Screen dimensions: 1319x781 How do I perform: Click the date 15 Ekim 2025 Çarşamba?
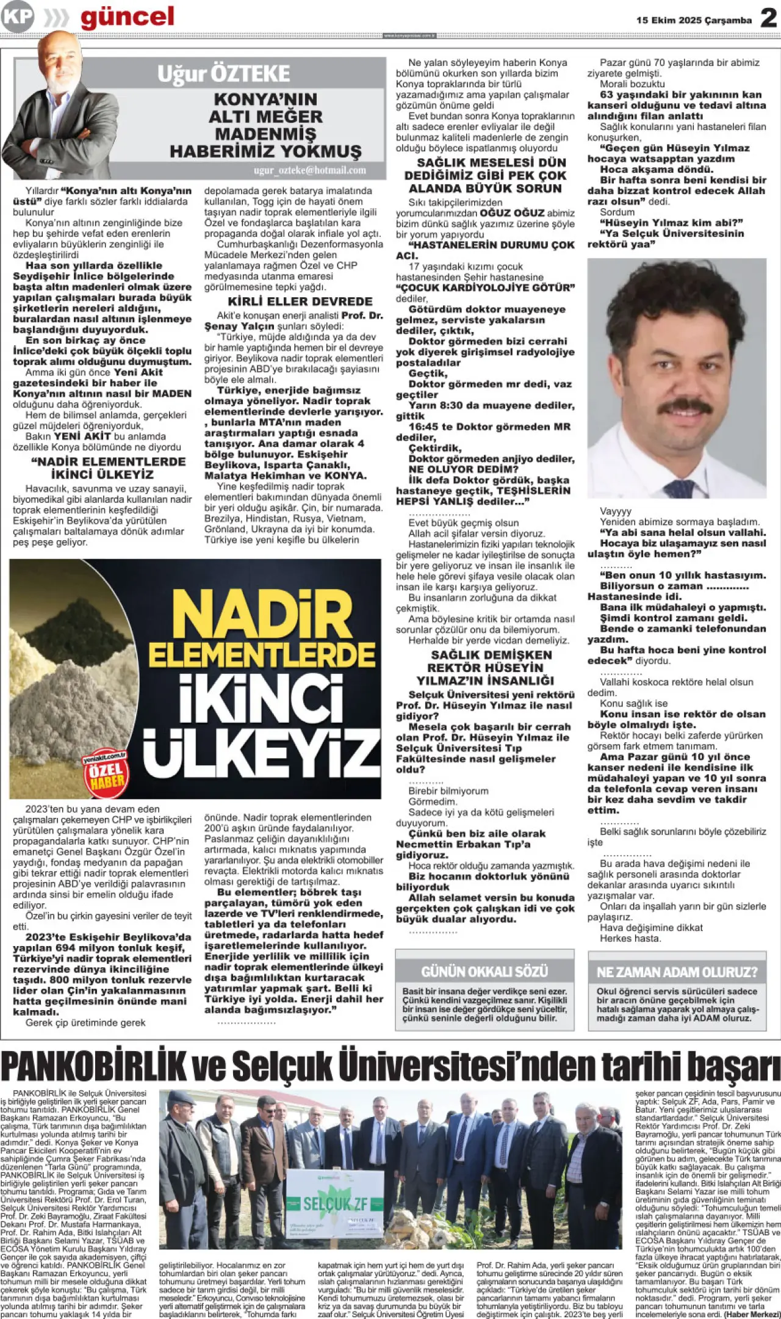pyautogui.click(x=694, y=20)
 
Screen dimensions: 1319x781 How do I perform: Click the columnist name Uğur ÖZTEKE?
pyautogui.click(x=223, y=74)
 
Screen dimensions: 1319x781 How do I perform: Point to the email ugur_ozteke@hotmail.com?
pyautogui.click(x=310, y=170)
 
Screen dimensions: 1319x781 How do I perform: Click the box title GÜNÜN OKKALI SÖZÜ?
pyautogui.click(x=484, y=971)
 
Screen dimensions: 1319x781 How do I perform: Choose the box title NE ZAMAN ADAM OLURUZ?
pyautogui.click(x=677, y=972)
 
